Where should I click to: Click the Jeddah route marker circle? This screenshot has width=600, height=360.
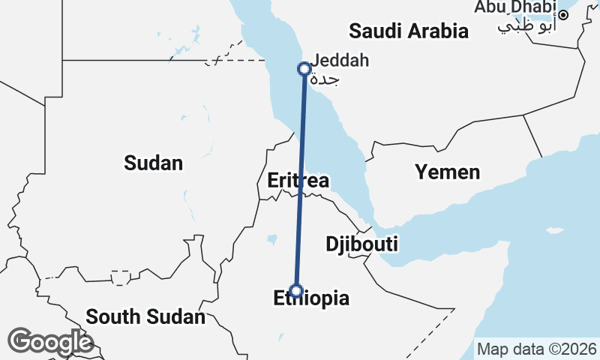click(304, 68)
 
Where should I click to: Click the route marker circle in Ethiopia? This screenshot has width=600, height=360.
click(296, 290)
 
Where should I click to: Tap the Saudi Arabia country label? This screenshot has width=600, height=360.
click(409, 31)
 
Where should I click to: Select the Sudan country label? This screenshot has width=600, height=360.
click(154, 162)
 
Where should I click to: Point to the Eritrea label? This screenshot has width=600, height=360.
click(298, 181)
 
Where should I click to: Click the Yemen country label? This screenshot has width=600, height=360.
click(448, 172)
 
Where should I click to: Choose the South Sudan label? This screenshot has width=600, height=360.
click(145, 316)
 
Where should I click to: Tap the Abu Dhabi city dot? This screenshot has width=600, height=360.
click(563, 14)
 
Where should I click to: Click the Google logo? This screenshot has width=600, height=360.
click(50, 342)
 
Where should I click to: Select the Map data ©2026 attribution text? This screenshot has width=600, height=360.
click(537, 349)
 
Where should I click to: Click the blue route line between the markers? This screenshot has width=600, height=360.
click(300, 180)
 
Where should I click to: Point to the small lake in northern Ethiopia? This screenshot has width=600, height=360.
click(271, 240)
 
